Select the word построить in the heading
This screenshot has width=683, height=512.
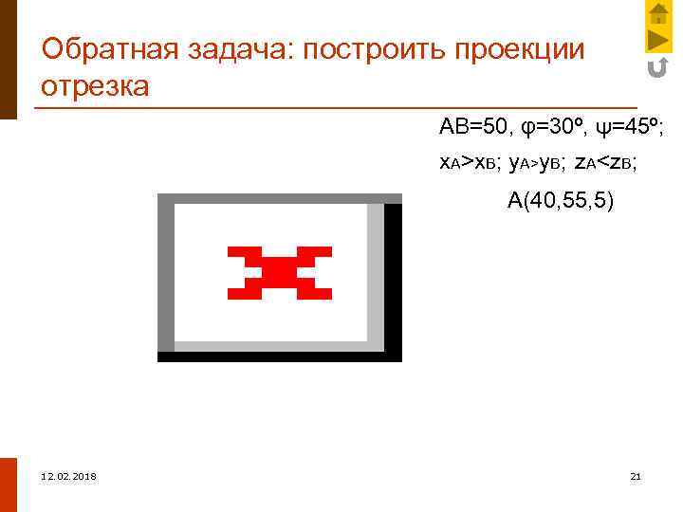(372, 48)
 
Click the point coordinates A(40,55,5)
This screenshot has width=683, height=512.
(561, 200)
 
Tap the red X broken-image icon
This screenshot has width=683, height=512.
(279, 272)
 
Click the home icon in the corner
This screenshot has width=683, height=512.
(658, 13)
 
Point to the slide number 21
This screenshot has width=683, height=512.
(636, 475)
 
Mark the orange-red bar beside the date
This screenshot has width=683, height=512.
(9, 485)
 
